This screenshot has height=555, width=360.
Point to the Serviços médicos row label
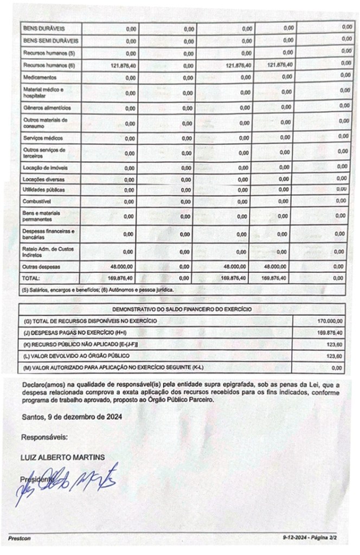41,138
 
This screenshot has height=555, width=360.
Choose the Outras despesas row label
41,267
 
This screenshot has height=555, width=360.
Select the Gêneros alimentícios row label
47,108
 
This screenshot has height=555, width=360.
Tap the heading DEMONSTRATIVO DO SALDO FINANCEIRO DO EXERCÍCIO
182,309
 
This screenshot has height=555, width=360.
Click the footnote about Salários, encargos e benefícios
98,290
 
